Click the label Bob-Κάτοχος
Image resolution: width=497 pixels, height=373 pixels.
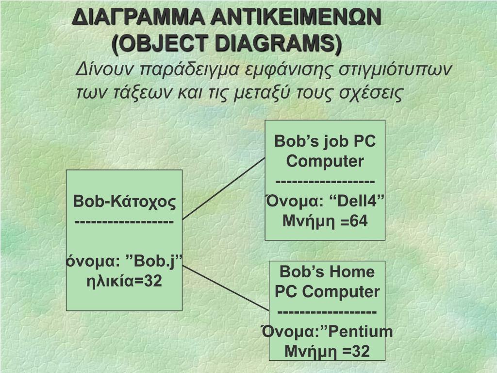124,201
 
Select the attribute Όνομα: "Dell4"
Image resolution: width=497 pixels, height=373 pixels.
325,201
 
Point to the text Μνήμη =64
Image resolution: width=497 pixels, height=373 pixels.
325,221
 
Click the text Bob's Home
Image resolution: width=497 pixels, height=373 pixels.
327,271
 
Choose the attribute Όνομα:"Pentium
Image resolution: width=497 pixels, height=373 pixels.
327,332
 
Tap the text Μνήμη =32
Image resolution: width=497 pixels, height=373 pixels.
327,351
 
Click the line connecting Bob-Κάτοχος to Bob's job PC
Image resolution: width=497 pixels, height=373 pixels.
223,188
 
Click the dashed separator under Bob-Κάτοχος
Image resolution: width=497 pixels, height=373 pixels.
124,221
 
